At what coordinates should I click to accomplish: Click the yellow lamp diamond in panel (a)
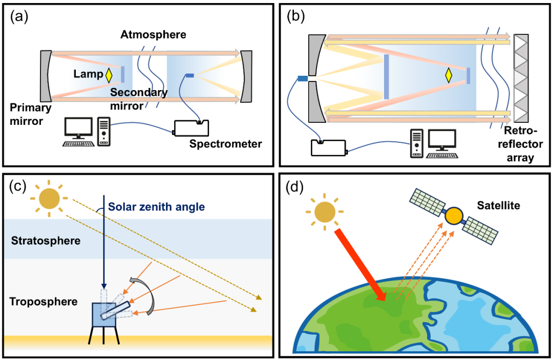point(109,75)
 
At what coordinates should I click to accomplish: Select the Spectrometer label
point(225,144)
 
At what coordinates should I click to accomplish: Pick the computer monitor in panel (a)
point(77,127)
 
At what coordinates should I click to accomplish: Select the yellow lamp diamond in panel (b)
point(449,75)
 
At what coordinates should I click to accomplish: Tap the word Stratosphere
point(46,240)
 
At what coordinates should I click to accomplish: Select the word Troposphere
point(44,301)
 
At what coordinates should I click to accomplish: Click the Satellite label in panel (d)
point(498,205)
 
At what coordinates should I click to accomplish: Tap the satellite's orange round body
point(454,217)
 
